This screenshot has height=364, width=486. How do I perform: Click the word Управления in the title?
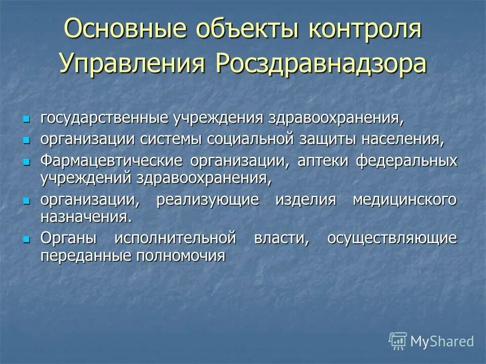coord(132,64)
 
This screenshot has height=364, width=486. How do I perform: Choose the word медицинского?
coord(404,200)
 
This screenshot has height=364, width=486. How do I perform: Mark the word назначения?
coord(86,217)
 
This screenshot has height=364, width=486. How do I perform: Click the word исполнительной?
coord(175,238)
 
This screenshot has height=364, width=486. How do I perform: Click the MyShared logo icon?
coord(398,341)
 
